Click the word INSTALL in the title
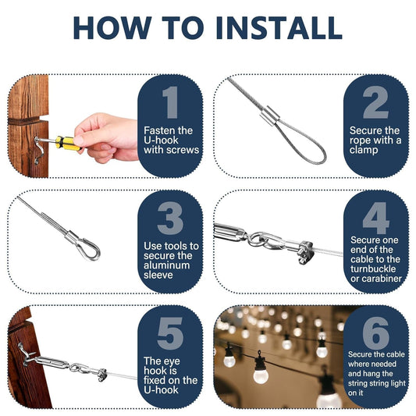click(x=279, y=28)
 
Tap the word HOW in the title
click(x=112, y=28)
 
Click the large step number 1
click(x=170, y=102)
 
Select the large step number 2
click(x=375, y=102)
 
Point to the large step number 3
click(x=170, y=218)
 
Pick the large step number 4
click(x=376, y=218)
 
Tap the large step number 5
click(x=170, y=333)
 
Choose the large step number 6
click(x=376, y=333)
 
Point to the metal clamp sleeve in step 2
click(x=269, y=116)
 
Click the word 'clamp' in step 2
click(x=364, y=150)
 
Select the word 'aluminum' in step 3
click(x=167, y=265)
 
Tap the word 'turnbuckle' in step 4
click(x=373, y=269)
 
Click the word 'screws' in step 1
click(x=183, y=151)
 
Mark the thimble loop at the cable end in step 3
click(x=89, y=250)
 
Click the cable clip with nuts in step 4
click(x=306, y=252)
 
